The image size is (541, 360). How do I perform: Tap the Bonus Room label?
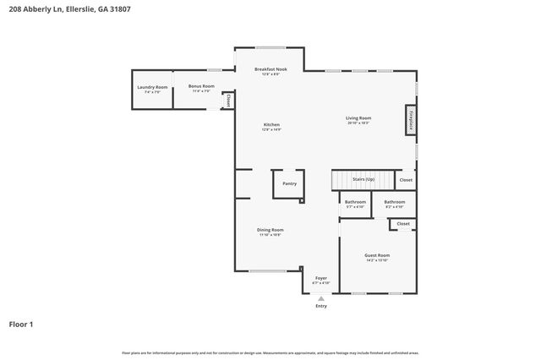click(x=201, y=88)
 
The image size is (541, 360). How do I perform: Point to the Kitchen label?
click(x=270, y=126)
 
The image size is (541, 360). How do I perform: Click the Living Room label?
click(x=358, y=120)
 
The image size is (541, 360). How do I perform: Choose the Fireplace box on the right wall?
click(x=412, y=121)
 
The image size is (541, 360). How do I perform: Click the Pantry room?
click(x=289, y=183)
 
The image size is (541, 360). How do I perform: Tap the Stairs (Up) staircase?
click(x=363, y=180)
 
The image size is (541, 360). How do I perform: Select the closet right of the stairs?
click(x=406, y=180)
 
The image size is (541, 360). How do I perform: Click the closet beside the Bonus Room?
click(x=227, y=101)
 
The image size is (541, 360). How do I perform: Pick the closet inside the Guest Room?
click(x=403, y=224)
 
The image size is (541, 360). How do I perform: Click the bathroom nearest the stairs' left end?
click(x=355, y=204)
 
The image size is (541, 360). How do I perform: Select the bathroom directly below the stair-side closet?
click(x=395, y=204)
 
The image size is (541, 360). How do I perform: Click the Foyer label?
click(x=321, y=280)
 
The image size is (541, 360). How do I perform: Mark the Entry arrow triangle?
click(x=321, y=297)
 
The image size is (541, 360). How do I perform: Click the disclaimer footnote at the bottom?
click(x=270, y=352)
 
